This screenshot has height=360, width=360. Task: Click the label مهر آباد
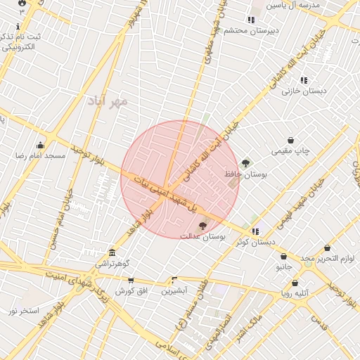[x=108, y=101]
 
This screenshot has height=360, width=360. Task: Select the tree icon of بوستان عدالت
[x=203, y=226]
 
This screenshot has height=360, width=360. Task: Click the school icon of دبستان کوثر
[x=255, y=231]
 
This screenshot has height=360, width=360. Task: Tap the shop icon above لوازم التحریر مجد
[x=328, y=248]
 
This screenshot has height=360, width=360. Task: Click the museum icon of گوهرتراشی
[x=112, y=253]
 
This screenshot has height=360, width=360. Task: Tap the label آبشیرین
[x=174, y=290]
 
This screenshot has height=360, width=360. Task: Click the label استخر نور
[x=25, y=310]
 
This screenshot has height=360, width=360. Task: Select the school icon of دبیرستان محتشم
[x=251, y=20]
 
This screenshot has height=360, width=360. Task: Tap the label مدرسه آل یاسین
[x=300, y=5]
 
